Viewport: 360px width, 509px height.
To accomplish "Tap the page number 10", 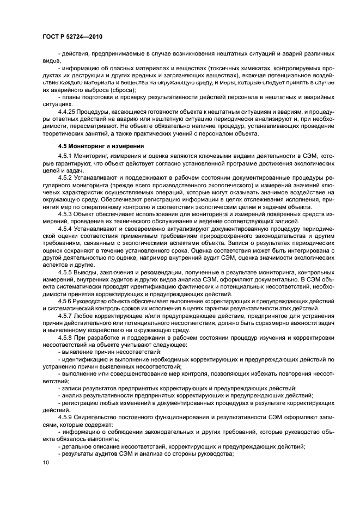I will (46, 463).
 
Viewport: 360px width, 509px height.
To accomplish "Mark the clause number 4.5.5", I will (66, 271).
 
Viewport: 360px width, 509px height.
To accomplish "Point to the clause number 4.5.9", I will (66, 416).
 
